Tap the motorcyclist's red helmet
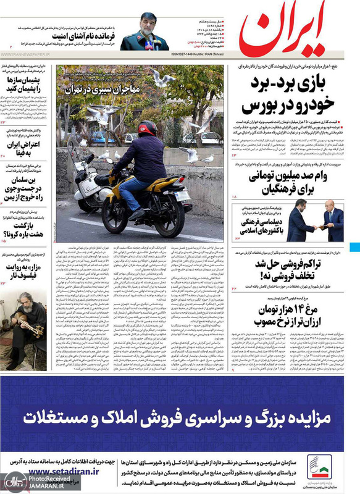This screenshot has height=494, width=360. click(146, 128)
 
